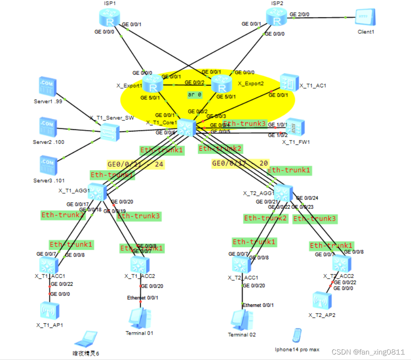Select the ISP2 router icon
coord(276,17)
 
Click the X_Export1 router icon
coord(152,83)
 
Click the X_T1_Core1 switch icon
coord(185,127)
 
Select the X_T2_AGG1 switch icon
coord(283,193)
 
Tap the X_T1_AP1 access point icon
coord(50,311)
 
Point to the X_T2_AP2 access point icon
coord(322,300)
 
